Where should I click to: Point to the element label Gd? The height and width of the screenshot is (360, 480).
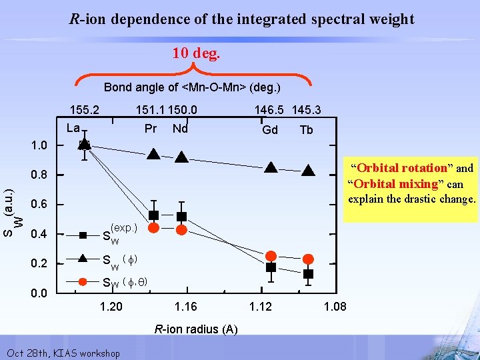point(270,130)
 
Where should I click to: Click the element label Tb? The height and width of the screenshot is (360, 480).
point(306,130)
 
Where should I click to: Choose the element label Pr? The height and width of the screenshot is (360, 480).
point(151,128)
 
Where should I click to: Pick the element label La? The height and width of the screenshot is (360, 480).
point(73,128)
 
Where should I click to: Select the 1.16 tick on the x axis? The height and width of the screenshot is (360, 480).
point(186,307)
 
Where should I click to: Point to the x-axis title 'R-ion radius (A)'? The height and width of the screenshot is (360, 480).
point(196,329)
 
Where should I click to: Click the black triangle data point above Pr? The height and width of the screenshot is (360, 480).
point(153,155)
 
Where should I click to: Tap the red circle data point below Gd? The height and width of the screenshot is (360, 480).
point(271,255)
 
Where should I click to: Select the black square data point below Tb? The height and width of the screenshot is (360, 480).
point(308,274)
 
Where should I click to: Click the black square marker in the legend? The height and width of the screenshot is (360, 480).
point(83,235)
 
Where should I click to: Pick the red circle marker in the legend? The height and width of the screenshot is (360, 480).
point(83,282)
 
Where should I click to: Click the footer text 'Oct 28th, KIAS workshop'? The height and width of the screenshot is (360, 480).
point(63,353)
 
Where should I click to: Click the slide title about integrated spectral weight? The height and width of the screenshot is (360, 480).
point(242,19)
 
